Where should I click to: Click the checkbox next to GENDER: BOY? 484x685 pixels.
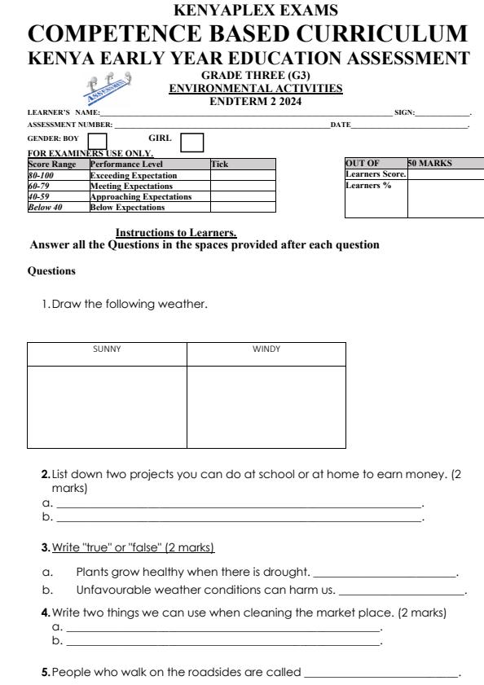pos(97,142)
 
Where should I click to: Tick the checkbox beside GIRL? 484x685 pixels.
pos(191,143)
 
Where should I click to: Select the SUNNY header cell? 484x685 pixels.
pos(107,349)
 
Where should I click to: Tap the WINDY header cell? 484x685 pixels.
pos(266,349)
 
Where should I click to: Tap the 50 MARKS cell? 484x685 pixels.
pos(445,164)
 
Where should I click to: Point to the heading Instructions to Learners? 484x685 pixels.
pos(176,234)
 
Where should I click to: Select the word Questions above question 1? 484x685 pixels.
pos(51,270)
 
